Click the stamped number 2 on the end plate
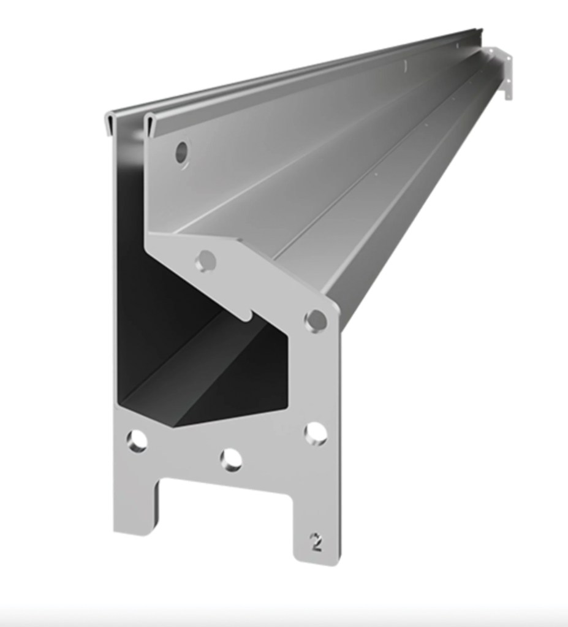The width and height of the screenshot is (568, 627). coord(316,542)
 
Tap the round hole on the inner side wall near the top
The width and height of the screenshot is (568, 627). coord(182,152)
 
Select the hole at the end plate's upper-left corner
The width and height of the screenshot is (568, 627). coord(205,261)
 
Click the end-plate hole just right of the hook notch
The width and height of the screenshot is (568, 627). coord(316,319)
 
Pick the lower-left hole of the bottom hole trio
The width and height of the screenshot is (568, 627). coord(137,441)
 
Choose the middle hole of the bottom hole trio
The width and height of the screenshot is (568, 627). coord(231,459)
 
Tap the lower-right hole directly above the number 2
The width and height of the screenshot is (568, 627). coord(316,433)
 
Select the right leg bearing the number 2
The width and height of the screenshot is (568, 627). coord(316,521)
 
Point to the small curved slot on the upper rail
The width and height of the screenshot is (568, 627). coord(405,65)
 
